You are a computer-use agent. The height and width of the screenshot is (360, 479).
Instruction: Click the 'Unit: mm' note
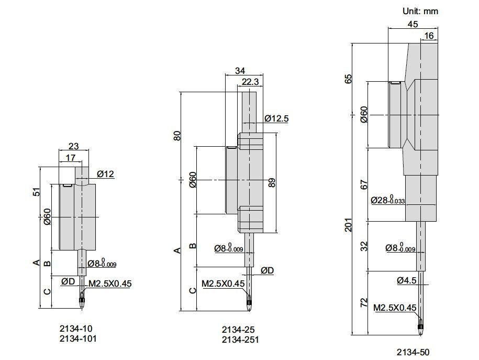click(x=420, y=12)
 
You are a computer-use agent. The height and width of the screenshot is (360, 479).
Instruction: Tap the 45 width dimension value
click(x=413, y=24)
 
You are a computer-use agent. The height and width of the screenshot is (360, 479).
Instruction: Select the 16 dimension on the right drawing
click(x=429, y=36)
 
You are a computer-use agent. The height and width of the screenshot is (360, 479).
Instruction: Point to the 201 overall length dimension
click(x=349, y=225)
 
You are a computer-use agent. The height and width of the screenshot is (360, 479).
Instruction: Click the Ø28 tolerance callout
click(x=388, y=200)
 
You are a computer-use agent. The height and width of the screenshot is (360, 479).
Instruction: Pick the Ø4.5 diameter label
click(x=407, y=280)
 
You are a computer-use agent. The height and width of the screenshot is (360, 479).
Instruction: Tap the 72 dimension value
click(x=364, y=303)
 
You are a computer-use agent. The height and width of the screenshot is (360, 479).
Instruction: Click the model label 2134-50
click(x=413, y=352)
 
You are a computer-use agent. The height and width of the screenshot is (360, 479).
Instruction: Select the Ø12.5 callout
click(x=276, y=118)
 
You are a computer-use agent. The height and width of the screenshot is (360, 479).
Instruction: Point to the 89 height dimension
click(x=271, y=182)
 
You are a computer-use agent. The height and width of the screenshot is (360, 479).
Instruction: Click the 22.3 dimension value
click(x=250, y=82)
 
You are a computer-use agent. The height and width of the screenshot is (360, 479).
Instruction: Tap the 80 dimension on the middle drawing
click(x=177, y=136)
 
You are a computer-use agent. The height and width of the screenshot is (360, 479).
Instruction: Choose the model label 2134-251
click(x=240, y=340)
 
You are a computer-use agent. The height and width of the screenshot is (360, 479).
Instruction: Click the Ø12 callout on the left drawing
click(x=105, y=174)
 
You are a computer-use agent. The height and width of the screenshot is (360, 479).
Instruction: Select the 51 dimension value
click(x=36, y=192)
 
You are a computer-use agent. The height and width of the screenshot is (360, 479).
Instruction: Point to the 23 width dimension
click(x=74, y=146)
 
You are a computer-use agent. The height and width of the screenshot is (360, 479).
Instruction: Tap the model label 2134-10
click(x=76, y=329)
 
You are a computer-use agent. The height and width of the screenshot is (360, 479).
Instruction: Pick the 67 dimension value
click(x=364, y=185)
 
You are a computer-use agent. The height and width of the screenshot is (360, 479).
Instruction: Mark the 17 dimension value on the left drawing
click(x=71, y=158)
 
